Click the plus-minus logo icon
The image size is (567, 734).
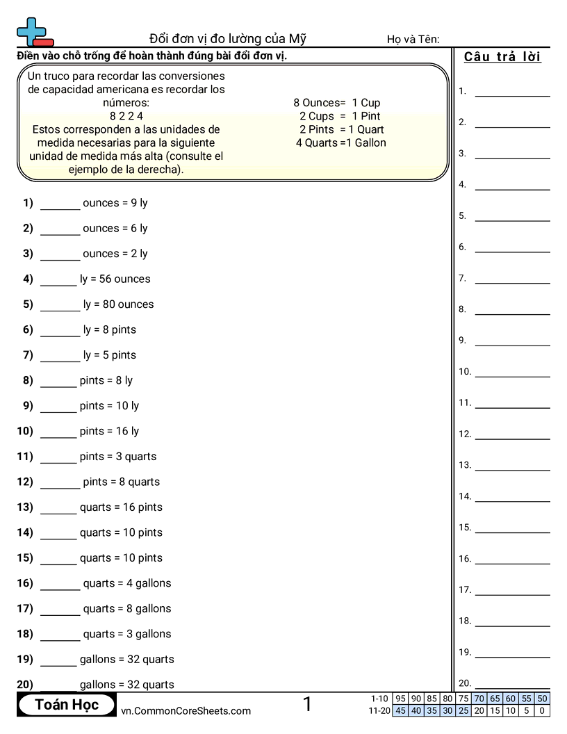[34, 31]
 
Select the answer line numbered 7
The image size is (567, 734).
[512, 282]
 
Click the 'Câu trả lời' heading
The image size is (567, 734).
[502, 57]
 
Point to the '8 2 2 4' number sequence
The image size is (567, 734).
[126, 116]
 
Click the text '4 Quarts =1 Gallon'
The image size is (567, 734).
[340, 143]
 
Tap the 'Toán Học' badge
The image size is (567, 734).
[67, 705]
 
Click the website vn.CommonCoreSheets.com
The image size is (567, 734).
[186, 711]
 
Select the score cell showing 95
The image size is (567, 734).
[400, 699]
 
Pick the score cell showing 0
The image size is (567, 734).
[542, 710]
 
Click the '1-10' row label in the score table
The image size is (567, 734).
[380, 699]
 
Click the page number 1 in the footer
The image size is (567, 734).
[307, 705]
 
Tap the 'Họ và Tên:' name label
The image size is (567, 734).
[413, 40]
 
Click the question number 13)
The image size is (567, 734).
[25, 507]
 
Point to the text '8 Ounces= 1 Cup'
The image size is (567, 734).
[337, 103]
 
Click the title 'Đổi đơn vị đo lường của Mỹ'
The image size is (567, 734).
[227, 39]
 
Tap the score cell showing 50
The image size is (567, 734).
[542, 699]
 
